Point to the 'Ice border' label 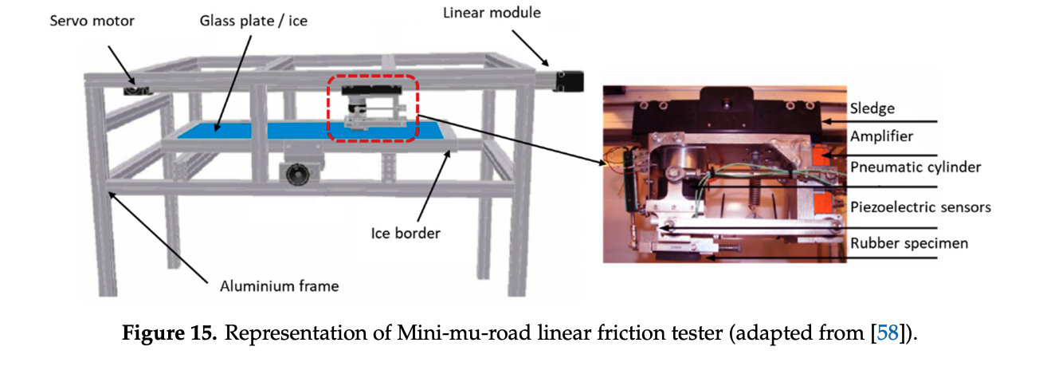click(x=405, y=234)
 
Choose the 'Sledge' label click(x=872, y=108)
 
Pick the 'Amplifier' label click(x=883, y=136)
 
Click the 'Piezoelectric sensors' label click(x=920, y=207)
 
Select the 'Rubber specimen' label click(x=909, y=243)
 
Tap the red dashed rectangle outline click(x=373, y=77)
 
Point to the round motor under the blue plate click(x=293, y=171)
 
